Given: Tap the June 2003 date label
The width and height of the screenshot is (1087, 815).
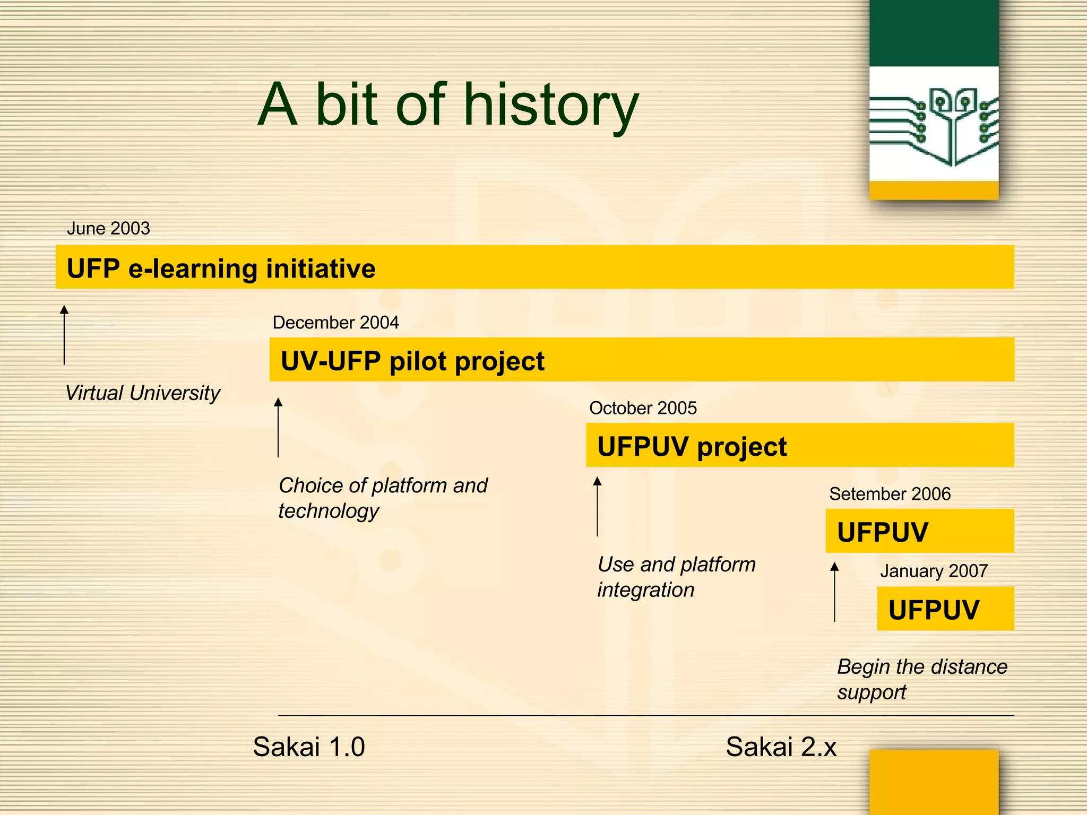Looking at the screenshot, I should point(108,229).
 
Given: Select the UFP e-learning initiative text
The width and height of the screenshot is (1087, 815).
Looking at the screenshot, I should point(221,268).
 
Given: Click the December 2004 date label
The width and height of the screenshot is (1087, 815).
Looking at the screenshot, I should point(335,323).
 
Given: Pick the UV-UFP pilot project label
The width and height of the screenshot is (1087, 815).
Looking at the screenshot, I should point(412,361).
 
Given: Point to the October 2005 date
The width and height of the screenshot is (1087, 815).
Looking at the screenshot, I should point(643,408).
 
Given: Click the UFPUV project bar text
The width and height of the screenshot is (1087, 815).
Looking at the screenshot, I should point(692,447).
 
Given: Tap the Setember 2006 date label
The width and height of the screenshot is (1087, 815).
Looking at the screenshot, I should point(890,494).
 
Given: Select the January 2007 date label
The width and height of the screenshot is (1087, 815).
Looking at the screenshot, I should point(934,571).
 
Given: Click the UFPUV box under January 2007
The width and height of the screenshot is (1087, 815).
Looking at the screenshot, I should point(934,609).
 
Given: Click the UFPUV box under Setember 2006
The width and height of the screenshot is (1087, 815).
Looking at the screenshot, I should point(883,532).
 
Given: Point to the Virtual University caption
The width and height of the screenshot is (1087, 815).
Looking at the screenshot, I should point(142,393).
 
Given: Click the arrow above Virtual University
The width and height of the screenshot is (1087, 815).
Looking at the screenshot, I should point(64,335).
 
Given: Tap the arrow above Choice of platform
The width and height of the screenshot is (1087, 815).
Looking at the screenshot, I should point(278,427).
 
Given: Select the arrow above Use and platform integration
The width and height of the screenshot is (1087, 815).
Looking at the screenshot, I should point(597,506).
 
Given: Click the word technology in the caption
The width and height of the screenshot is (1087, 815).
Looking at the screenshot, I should point(329,511).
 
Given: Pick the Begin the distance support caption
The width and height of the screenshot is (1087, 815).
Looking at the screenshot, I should point(922,679).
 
